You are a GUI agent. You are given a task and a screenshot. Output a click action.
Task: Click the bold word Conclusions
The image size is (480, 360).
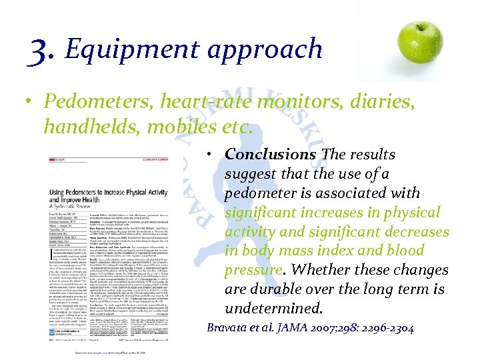click(270, 155)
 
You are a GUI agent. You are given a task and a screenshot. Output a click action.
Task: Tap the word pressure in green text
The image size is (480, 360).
click(253, 270)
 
